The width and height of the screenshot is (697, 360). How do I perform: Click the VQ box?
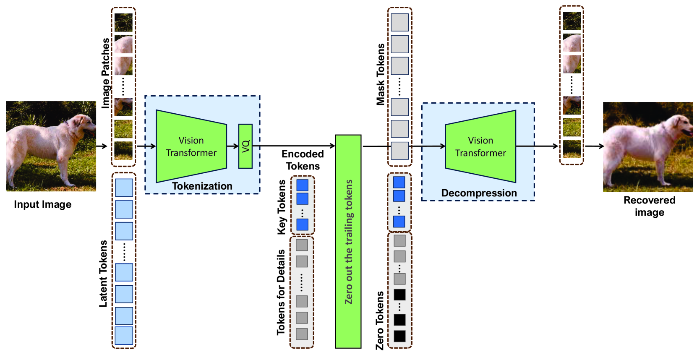[x=245, y=146]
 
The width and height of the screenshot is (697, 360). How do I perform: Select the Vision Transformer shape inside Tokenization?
[x=191, y=146]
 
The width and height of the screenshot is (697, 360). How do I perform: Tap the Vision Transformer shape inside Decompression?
[x=480, y=146]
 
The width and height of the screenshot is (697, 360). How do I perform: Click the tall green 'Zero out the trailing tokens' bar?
[x=348, y=241]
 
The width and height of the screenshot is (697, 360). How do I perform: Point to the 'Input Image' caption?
[x=42, y=204]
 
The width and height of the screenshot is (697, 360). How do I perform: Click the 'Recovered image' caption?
[x=649, y=206]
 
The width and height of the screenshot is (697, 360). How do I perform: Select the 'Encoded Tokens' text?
[x=303, y=160]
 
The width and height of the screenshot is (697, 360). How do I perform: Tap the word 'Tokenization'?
[x=202, y=186]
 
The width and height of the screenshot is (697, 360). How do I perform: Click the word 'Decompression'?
[x=479, y=193]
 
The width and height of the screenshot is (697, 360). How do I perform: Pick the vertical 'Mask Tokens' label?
[x=380, y=74]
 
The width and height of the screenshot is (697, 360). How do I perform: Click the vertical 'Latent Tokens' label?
[x=103, y=273]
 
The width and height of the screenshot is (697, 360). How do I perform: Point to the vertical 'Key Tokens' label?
[x=282, y=207]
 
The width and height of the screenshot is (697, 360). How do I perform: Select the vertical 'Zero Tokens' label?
[x=379, y=321]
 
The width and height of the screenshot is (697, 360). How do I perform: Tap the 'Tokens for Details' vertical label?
[x=281, y=292]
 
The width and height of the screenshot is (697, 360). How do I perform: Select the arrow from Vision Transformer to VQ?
[x=232, y=146]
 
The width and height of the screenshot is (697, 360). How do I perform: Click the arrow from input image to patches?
[x=102, y=146]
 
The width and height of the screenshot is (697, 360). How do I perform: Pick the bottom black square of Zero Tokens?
[x=399, y=336]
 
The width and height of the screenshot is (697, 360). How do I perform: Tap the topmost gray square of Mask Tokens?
[x=399, y=22]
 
